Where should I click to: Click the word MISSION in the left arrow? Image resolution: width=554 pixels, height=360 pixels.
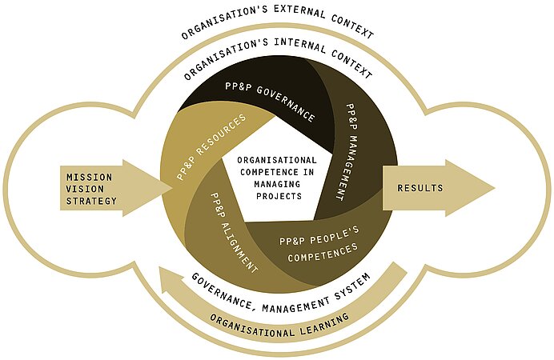tap(90, 177)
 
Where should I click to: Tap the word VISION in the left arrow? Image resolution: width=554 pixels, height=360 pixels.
tap(85, 189)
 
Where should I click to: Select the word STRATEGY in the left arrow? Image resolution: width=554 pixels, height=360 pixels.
tap(91, 201)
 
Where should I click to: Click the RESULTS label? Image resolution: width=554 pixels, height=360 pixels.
tap(420, 188)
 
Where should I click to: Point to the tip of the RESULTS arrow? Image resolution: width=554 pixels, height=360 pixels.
tap(496, 188)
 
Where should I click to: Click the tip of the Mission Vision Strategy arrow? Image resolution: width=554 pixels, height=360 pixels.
tap(173, 188)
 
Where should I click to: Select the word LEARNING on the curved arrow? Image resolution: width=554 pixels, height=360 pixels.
tap(324, 324)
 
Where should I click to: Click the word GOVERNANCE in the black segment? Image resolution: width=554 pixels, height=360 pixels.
tap(286, 103)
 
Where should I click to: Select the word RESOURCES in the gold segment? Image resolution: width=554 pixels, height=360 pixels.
tap(222, 135)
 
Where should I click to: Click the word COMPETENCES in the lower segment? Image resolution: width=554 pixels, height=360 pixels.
tap(323, 253)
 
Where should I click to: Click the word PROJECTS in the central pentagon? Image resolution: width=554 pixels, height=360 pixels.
tap(279, 196)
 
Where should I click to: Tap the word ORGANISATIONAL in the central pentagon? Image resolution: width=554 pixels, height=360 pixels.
tap(277, 160)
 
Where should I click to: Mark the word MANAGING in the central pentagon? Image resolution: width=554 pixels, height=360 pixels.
tap(277, 184)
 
